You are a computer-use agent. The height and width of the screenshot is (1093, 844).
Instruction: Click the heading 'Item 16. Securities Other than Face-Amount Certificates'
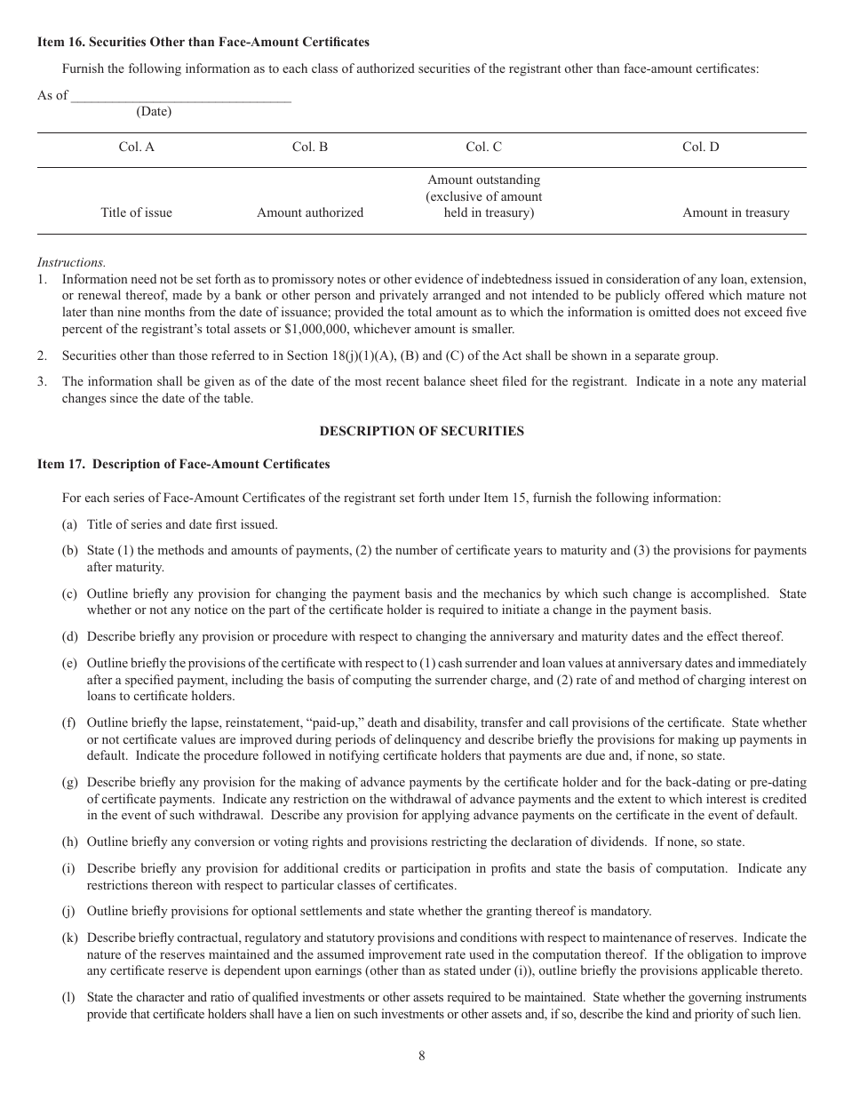pyautogui.click(x=203, y=42)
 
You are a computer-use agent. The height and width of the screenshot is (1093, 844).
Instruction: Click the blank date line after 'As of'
pyautogui.click(x=180, y=96)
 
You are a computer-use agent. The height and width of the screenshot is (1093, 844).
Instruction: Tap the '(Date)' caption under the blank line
pyautogui.click(x=154, y=112)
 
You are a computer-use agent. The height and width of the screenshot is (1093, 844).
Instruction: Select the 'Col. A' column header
pyautogui.click(x=136, y=148)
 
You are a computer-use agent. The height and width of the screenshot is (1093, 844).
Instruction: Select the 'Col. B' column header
pyautogui.click(x=310, y=148)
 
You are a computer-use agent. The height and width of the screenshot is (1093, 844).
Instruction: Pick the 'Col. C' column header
pyautogui.click(x=483, y=148)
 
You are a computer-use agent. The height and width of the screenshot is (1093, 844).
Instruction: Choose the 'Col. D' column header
pyautogui.click(x=700, y=148)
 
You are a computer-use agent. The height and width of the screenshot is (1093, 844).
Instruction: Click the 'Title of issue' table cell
pyautogui.click(x=136, y=212)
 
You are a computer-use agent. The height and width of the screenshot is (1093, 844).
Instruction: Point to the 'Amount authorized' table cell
pyautogui.click(x=310, y=212)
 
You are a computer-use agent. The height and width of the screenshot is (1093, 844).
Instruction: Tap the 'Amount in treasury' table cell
pyautogui.click(x=735, y=212)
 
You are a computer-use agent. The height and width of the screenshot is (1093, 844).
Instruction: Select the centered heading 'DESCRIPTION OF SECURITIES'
pyautogui.click(x=421, y=431)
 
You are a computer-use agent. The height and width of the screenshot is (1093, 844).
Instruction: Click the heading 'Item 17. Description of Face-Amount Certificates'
pyautogui.click(x=183, y=464)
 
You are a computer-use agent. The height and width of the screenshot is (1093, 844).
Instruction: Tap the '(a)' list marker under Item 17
pyautogui.click(x=69, y=524)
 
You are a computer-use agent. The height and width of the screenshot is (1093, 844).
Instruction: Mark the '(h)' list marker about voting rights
pyautogui.click(x=69, y=842)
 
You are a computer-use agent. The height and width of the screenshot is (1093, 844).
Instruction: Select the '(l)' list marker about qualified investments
pyautogui.click(x=68, y=997)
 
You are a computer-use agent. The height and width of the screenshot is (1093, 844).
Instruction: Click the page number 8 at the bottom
pyautogui.click(x=421, y=1056)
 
